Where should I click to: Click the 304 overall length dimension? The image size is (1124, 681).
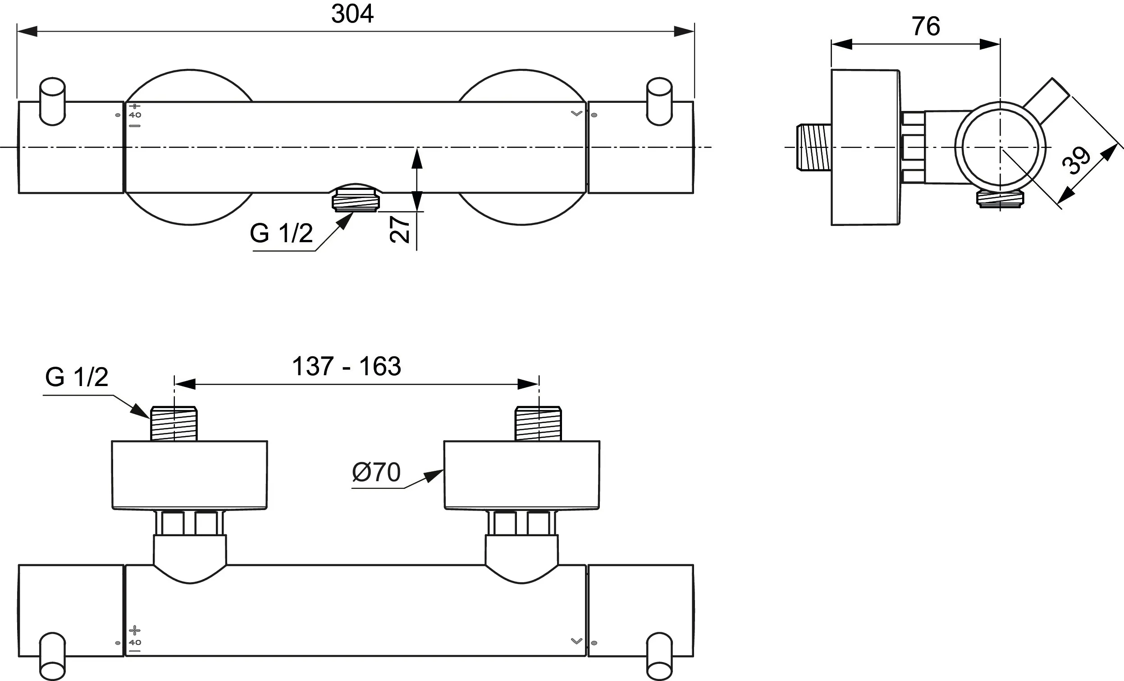[x=352, y=14]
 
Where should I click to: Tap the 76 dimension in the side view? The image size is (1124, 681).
[x=926, y=26]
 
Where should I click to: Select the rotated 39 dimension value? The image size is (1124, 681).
[x=1076, y=161]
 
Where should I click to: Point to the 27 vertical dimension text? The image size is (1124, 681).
[x=400, y=229]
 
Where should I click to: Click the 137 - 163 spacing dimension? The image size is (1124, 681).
[x=346, y=366]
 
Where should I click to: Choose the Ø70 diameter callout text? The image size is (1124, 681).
[x=376, y=472]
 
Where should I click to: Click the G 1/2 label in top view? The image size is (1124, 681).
[x=281, y=233]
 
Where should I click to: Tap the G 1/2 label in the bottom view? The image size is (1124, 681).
[x=77, y=377]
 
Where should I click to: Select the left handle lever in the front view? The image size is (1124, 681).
[x=52, y=101]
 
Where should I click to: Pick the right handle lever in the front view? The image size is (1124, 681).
[x=660, y=101]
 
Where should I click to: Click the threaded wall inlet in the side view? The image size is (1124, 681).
[x=814, y=147]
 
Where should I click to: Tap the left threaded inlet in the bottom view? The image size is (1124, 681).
[x=174, y=423]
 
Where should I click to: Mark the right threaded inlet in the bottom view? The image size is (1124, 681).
[x=538, y=423]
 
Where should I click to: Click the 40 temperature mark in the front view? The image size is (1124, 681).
[x=135, y=115]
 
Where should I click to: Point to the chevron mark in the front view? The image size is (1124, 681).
[x=576, y=113]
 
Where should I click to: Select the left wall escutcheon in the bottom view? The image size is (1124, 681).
[x=190, y=475]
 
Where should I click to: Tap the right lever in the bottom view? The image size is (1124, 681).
[x=660, y=656]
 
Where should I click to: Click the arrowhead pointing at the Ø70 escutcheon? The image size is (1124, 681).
[x=434, y=476]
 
